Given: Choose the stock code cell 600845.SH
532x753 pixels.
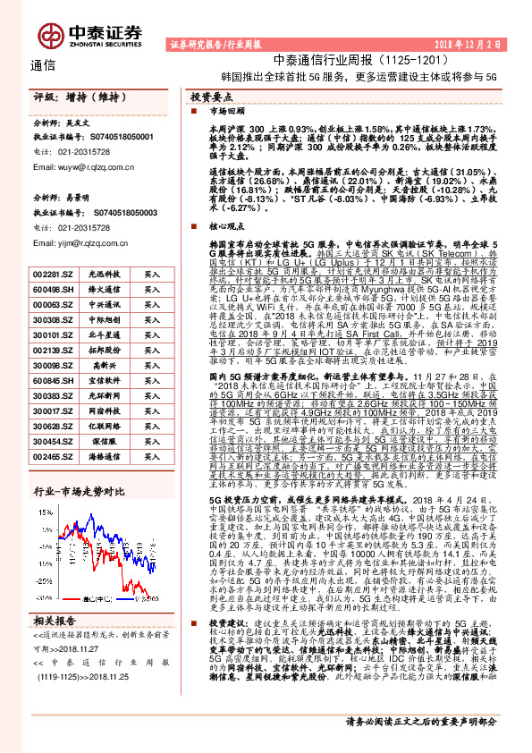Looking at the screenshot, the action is pyautogui.click(x=55, y=379).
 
